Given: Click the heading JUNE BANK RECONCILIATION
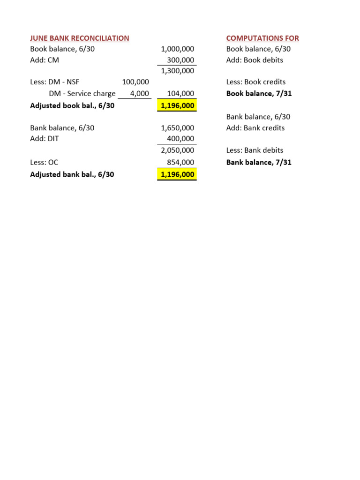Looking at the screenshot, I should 80,38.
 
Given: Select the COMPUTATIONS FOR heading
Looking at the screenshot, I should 262,38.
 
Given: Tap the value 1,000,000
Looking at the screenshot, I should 177,49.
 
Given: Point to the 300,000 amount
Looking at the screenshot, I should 180,60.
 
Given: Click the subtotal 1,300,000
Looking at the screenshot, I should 177,71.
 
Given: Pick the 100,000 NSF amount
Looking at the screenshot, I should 135,82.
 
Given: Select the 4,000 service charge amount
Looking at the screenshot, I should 139,93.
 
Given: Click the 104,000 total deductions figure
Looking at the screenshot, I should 180,93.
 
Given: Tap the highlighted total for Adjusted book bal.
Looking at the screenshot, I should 177,105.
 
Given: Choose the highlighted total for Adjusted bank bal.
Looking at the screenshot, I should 177,174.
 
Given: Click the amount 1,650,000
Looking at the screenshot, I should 177,128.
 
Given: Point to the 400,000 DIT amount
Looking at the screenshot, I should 180,139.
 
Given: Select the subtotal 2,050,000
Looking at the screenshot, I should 177,150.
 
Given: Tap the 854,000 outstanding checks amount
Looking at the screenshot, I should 180,162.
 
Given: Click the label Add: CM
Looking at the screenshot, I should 45,60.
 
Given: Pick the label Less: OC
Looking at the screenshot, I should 45,162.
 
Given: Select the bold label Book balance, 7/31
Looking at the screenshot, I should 259,93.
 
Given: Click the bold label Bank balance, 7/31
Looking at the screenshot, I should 259,162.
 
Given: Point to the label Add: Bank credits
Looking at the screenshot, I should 255,128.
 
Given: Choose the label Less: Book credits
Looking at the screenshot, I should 256,82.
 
